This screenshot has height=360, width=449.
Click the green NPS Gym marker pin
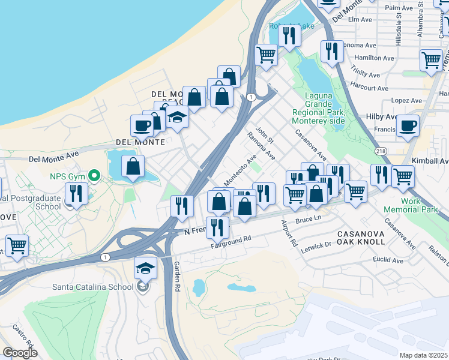[x=93, y=176]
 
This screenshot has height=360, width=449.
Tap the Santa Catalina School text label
[x=92, y=287]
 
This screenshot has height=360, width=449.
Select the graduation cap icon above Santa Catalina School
[x=145, y=268]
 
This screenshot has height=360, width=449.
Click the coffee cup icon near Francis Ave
[x=408, y=126]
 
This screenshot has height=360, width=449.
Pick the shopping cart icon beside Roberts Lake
[x=266, y=55]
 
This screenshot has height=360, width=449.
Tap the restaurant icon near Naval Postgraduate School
[x=76, y=193]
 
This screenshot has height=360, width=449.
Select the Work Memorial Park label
[x=411, y=206]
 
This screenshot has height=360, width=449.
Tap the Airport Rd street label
[x=289, y=234]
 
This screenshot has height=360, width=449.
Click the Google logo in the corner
[x=20, y=353]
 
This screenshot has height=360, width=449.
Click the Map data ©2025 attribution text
[x=423, y=355]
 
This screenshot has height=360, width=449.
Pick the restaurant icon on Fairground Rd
[x=217, y=227]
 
